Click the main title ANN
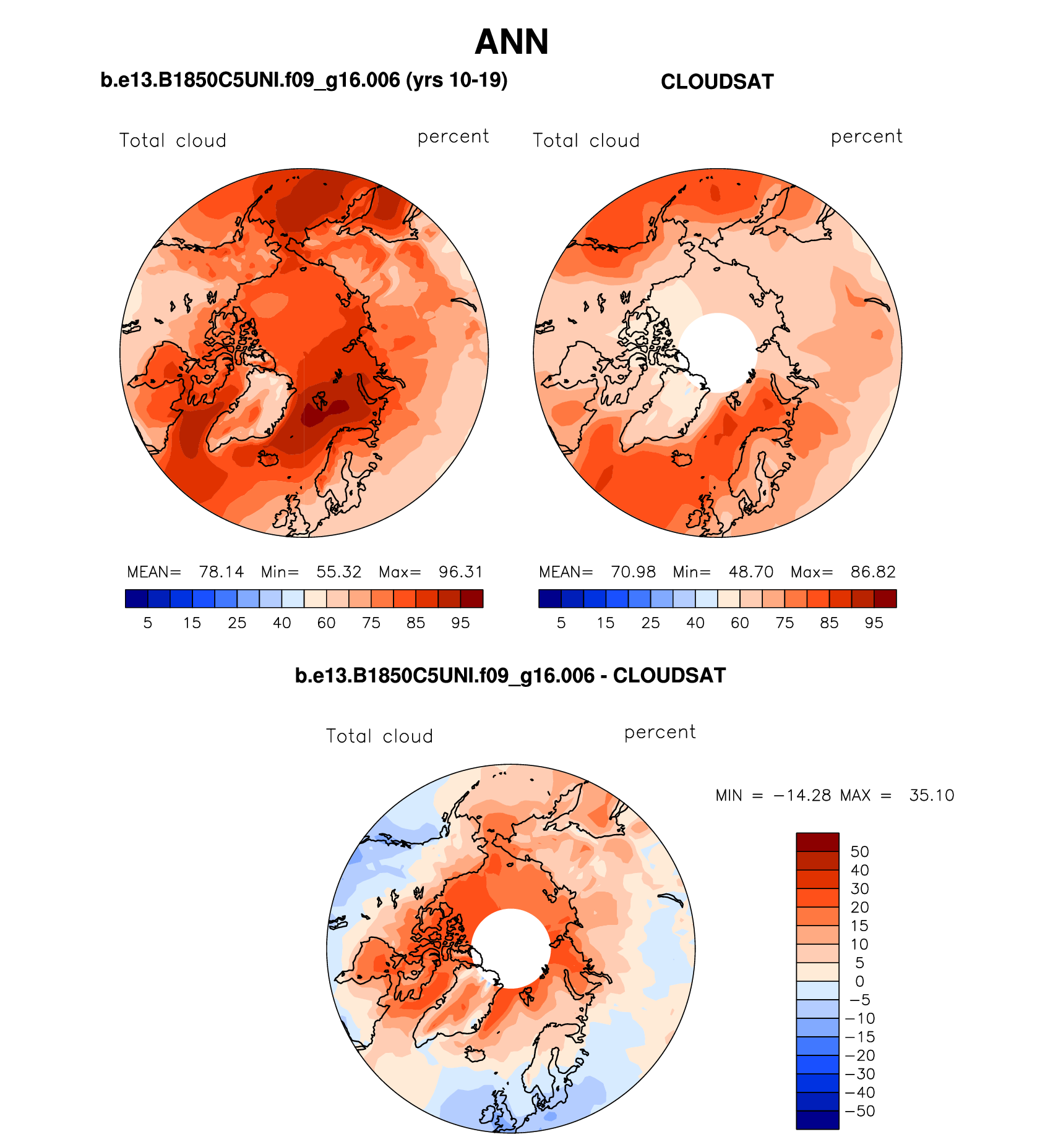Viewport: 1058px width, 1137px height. point(512,42)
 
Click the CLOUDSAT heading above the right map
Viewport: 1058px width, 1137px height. point(717,82)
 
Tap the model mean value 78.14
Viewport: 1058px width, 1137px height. point(221,572)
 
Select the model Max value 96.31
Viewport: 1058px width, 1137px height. point(460,572)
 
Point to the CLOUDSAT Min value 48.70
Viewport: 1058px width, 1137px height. point(750,572)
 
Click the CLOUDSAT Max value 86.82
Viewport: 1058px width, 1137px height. point(872,572)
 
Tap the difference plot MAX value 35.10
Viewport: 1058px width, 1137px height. point(931,795)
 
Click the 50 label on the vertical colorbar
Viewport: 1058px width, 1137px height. point(859,851)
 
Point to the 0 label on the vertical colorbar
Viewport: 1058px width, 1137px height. point(859,981)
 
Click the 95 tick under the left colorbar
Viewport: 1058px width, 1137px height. point(460,623)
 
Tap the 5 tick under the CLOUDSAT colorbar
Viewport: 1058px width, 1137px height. point(561,623)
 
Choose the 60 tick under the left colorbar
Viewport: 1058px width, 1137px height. point(326,623)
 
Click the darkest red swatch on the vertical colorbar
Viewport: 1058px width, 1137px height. point(817,842)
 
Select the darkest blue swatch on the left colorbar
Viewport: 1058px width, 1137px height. point(136,598)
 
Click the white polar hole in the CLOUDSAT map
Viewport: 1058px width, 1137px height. point(718,352)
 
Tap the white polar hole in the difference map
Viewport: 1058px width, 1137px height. point(511,948)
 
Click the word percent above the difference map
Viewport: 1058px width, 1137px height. point(660,732)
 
